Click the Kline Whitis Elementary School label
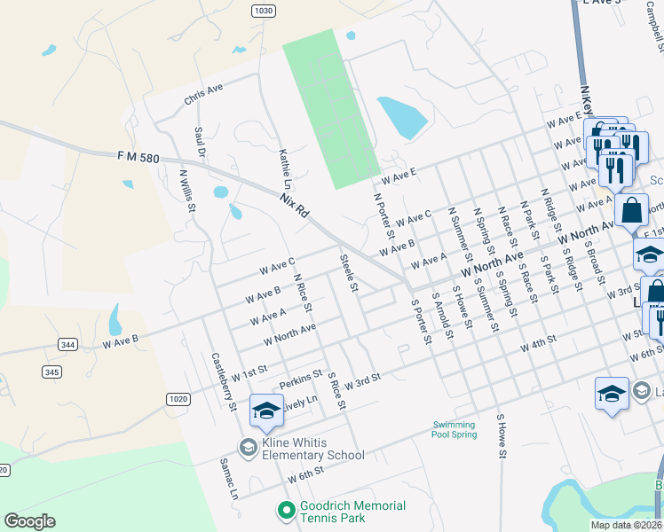[313, 449]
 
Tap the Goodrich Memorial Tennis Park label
[352, 512]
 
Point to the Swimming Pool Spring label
[455, 429]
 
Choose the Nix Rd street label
[293, 206]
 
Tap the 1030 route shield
[263, 10]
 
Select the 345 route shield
[52, 372]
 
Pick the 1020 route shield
[178, 399]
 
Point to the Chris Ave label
[204, 94]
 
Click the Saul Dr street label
[201, 143]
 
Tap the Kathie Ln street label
[286, 168]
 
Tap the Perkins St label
[300, 379]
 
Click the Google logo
[29, 521]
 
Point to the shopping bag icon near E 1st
[631, 211]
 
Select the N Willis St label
[187, 192]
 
